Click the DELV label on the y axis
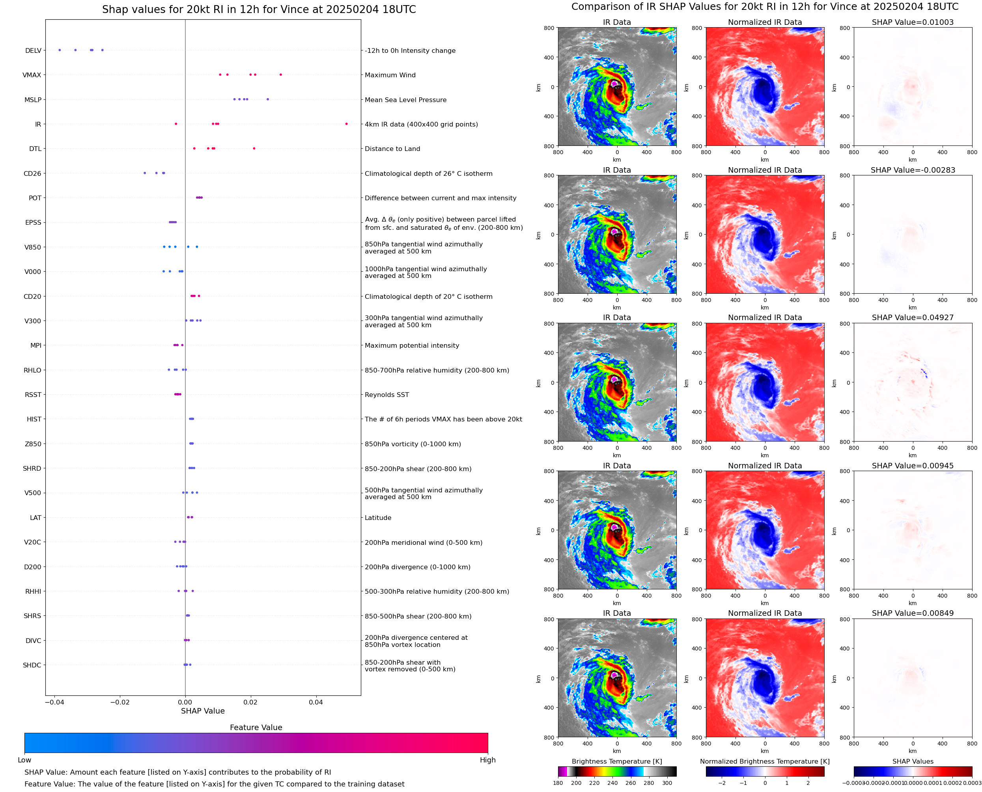[33, 50]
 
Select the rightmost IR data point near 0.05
[346, 124]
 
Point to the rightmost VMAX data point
[281, 75]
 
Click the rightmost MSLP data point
[267, 99]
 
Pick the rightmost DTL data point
[254, 148]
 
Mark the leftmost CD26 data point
[145, 173]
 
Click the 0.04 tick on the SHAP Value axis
[316, 702]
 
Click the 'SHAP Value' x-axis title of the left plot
[203, 711]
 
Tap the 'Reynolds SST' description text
[386, 395]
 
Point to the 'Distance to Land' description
[392, 149]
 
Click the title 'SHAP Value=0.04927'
[912, 317]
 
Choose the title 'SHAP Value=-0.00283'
[912, 170]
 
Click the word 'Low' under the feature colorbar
[24, 760]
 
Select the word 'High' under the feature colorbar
[487, 760]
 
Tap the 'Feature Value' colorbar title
[256, 727]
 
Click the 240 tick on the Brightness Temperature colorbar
[612, 783]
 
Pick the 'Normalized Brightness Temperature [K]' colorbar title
[764, 761]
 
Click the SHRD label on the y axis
[32, 469]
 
